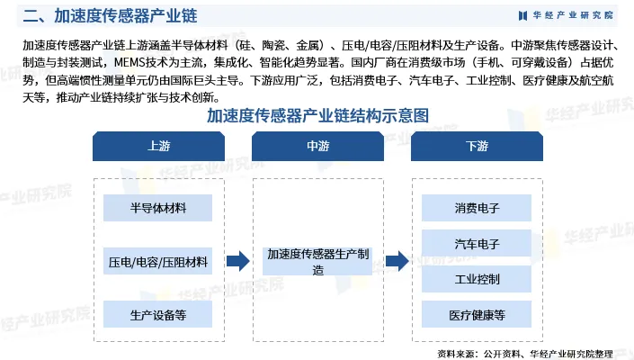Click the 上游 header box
click(157, 145)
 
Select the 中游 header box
click(317, 145)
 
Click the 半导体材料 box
click(157, 208)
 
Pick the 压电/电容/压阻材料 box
click(157, 262)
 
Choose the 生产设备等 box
click(157, 314)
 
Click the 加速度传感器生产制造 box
click(317, 262)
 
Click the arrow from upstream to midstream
click(237, 262)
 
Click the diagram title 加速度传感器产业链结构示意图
click(317, 115)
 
